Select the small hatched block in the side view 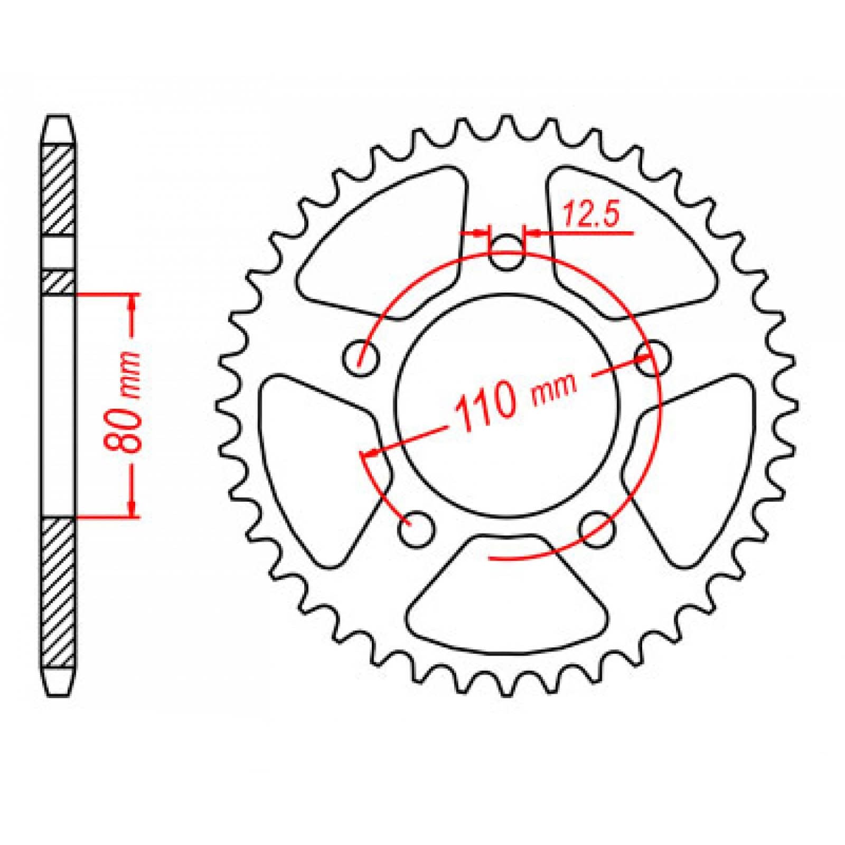click(x=58, y=282)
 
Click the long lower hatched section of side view click(x=58, y=591)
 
